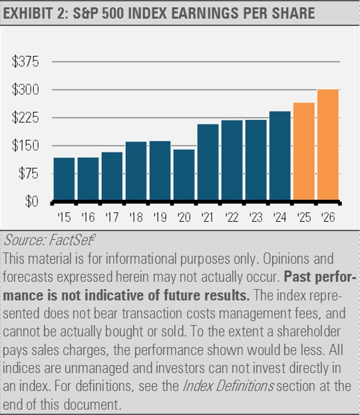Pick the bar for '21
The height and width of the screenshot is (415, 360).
click(208, 163)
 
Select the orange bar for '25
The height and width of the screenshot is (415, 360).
click(303, 152)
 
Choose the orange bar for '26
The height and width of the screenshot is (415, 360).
click(327, 145)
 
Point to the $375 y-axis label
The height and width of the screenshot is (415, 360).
click(26, 62)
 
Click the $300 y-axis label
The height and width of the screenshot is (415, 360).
click(26, 90)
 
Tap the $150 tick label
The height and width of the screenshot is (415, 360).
click(26, 146)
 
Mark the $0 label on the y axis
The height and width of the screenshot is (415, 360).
click(31, 201)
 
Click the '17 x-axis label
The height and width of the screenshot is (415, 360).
click(112, 216)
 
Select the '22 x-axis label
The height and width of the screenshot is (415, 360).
click(232, 216)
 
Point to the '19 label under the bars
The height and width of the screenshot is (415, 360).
click(160, 216)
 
